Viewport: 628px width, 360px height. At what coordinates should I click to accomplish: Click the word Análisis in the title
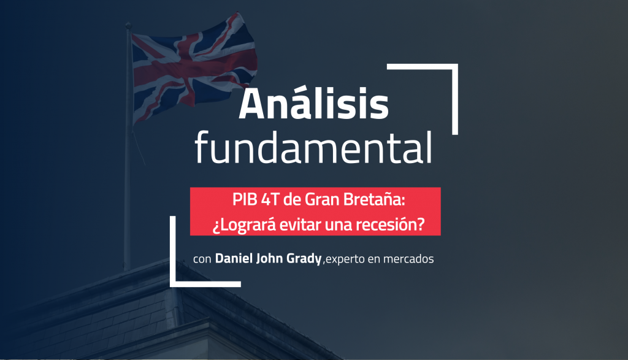(x=313, y=105)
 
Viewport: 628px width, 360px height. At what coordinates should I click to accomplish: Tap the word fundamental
(x=313, y=147)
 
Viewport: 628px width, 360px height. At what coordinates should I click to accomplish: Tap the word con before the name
(x=202, y=259)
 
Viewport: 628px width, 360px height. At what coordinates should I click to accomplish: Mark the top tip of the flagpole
(x=128, y=25)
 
